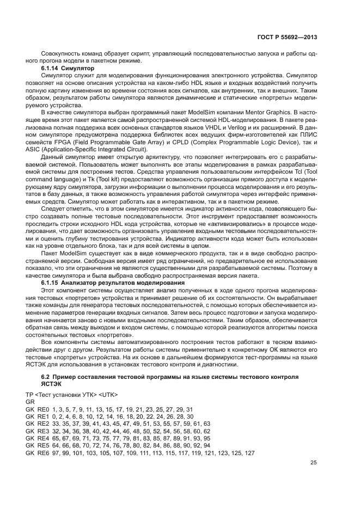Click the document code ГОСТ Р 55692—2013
[288, 37]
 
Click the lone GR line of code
[30, 401]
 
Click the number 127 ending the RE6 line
[249, 453]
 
